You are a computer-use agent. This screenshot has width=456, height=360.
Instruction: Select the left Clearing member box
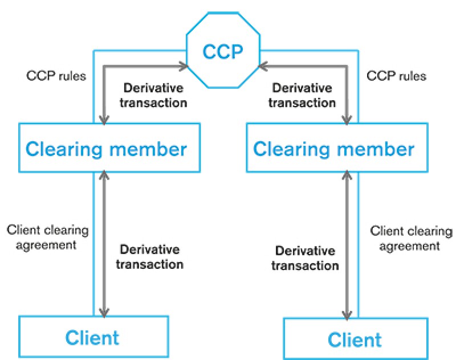tap(106, 148)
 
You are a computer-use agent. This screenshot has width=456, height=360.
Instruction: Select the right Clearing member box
tap(333, 149)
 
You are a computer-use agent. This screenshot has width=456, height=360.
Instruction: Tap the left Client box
tap(93, 337)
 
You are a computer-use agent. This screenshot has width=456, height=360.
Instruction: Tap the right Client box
tap(355, 339)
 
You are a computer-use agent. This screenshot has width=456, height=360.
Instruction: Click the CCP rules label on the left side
tap(56, 75)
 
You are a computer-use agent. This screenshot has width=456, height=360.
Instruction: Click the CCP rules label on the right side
tap(396, 75)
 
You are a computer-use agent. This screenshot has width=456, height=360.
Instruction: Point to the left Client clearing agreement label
tap(47, 238)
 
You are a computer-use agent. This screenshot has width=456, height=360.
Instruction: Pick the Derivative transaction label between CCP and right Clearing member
tap(302, 95)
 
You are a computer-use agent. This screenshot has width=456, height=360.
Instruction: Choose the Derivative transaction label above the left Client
tap(150, 257)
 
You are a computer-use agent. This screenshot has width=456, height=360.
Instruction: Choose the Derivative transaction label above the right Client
tap(305, 258)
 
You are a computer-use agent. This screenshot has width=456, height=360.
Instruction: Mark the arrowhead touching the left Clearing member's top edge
tap(103, 119)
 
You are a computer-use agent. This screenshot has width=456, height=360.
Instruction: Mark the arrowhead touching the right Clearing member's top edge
tap(346, 119)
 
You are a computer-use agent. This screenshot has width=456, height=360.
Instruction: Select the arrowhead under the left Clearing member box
tap(103, 175)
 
